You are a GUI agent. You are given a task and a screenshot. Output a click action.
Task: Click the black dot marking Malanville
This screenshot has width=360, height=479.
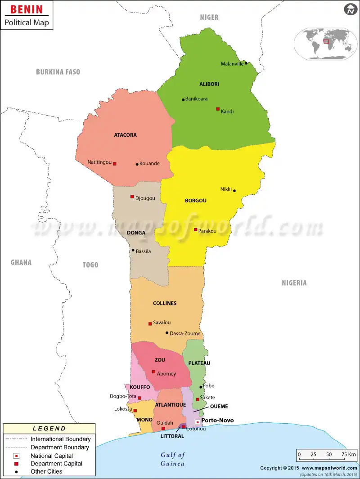[x=246, y=63]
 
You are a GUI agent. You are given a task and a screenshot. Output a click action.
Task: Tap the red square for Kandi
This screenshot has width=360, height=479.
[x=218, y=109]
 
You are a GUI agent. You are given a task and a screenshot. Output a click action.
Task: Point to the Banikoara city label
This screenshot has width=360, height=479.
[x=196, y=99]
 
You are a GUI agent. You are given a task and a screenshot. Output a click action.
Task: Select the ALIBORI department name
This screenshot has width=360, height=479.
[x=209, y=84]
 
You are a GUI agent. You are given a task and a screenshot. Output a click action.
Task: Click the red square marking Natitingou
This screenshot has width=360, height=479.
[x=115, y=164]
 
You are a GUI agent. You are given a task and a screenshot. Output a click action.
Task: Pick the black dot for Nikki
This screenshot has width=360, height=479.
[x=234, y=191]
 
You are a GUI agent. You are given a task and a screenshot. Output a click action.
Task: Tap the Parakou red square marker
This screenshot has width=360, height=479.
[x=195, y=230]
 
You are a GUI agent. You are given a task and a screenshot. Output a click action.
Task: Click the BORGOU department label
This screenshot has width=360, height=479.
[x=196, y=201]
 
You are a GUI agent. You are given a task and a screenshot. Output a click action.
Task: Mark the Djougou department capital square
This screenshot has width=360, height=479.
[x=132, y=197]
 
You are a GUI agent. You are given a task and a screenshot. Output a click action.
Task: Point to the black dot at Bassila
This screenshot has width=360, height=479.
[x=133, y=251]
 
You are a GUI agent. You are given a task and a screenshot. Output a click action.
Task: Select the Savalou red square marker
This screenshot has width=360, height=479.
[x=150, y=323]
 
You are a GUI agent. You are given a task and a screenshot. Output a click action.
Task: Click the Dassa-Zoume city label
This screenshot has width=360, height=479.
[x=185, y=333]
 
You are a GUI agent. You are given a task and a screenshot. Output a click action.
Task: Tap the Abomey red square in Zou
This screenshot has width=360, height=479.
[x=153, y=372]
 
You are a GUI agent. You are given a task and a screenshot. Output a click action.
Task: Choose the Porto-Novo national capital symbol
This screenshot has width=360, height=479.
[x=197, y=422]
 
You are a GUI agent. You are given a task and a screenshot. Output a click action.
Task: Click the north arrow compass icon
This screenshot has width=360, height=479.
[x=350, y=9]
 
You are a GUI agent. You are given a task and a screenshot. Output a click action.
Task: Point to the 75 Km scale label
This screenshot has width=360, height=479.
[x=349, y=454]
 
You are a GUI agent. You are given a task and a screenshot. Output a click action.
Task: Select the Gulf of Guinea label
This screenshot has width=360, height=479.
[x=173, y=459]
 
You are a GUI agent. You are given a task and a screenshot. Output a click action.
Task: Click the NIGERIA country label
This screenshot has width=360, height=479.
[x=294, y=283]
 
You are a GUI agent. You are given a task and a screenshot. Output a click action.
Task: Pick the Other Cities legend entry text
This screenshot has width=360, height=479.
[x=46, y=471]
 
